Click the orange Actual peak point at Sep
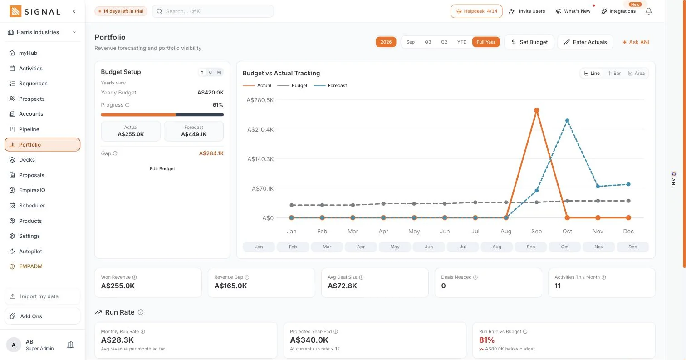pos(537,110)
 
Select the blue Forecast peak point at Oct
pos(567,121)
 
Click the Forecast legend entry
pos(330,85)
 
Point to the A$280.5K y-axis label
pos(260,100)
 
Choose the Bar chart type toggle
pos(614,73)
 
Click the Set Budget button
pos(529,42)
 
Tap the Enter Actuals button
pos(585,42)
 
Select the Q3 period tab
pos(428,42)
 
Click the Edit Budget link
pos(162,168)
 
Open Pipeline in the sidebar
pos(29,129)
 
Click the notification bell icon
pos(649,11)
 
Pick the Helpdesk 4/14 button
pos(476,11)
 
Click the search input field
pos(213,11)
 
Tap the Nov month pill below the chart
pos(598,247)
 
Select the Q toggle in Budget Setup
pos(211,72)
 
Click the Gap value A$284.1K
pos(211,153)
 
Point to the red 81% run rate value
pos(487,340)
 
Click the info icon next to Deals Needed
pos(475,277)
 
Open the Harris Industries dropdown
pos(42,32)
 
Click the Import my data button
pos(42,296)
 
